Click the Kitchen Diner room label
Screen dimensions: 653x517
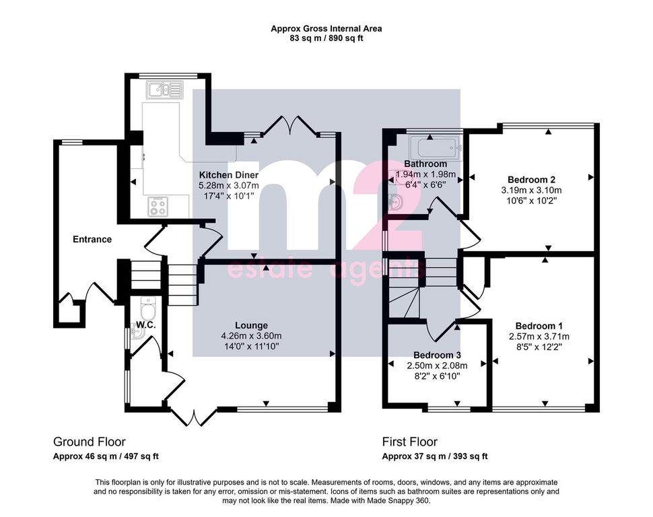[x=229, y=175]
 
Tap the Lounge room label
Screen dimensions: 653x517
[x=251, y=325]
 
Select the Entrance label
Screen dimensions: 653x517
[x=92, y=239]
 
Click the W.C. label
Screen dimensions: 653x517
[x=146, y=325]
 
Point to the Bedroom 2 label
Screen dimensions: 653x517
[x=531, y=180]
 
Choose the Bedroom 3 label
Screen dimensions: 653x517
[x=437, y=355]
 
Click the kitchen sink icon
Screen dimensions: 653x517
[x=165, y=90]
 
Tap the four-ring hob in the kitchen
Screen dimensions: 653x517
[x=158, y=206]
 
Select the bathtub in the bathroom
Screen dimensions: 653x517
[x=436, y=148]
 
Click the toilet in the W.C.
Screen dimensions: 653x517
[x=148, y=308]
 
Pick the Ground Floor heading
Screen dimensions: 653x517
[x=89, y=442]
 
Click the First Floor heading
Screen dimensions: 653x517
[x=410, y=442]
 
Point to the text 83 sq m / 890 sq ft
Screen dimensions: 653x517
[x=326, y=38]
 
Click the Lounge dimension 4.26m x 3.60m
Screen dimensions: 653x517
[x=251, y=336]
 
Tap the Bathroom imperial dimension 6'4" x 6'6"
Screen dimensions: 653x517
[x=425, y=184]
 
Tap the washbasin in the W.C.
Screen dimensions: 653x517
[x=137, y=332]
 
